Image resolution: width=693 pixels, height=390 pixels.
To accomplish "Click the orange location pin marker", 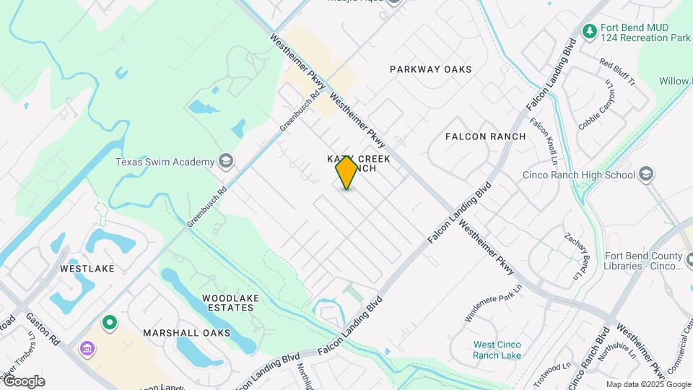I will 346,173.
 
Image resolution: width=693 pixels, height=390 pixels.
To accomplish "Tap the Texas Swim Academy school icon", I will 226,160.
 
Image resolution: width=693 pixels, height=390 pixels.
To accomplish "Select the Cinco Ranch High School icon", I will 646,173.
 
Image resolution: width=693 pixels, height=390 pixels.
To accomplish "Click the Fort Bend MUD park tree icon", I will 589,31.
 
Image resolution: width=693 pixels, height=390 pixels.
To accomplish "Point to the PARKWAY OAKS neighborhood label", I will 430,69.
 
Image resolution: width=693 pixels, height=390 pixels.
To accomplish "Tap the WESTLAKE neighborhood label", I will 87,269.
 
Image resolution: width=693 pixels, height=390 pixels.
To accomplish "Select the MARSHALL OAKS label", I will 186,333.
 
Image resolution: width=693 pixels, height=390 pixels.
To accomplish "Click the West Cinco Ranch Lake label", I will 497,350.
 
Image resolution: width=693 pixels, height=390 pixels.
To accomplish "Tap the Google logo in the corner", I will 23,381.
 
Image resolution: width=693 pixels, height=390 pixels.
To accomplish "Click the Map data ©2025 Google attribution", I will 648,384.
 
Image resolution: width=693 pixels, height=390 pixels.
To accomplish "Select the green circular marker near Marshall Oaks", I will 110,322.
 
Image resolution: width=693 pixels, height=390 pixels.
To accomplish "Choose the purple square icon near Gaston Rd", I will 87,350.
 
